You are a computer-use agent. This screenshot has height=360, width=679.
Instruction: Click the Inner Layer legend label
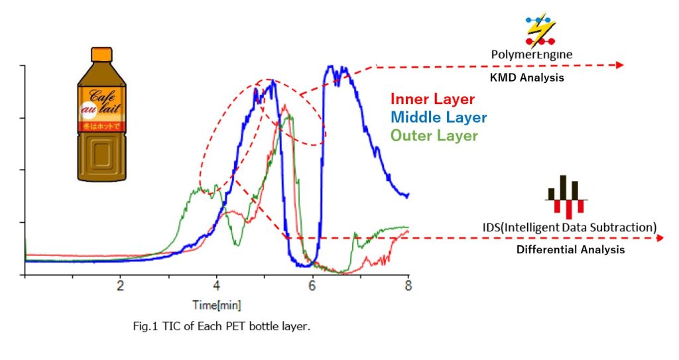point(432,99)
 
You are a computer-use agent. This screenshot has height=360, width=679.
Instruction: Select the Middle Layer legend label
point(438,118)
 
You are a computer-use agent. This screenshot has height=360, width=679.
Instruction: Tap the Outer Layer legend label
point(434,136)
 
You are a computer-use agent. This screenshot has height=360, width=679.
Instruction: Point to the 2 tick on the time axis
point(120,286)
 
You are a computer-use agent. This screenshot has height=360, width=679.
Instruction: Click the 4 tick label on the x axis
point(216,286)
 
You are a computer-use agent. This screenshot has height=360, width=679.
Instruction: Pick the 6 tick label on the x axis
point(312,286)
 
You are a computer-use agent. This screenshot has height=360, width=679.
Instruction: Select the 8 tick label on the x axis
point(408,286)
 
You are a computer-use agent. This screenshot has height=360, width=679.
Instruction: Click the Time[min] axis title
point(216,306)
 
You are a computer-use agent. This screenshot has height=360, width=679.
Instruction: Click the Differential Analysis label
point(570,250)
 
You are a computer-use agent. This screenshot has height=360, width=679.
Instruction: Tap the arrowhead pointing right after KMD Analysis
point(619,65)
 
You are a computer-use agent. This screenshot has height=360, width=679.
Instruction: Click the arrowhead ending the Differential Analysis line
point(659,237)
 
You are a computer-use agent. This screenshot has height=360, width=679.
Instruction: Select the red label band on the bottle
point(102,125)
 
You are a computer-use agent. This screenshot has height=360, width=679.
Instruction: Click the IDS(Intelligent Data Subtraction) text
point(570,227)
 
